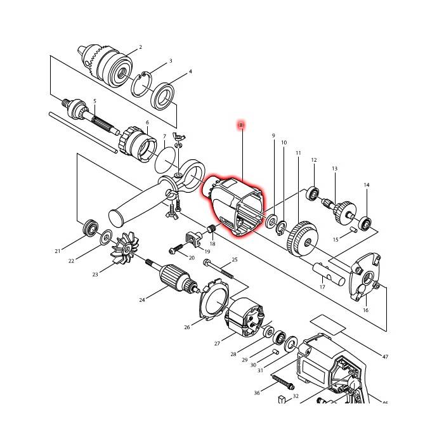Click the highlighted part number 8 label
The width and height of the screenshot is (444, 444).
click(x=241, y=125)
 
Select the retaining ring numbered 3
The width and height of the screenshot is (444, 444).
click(x=141, y=84)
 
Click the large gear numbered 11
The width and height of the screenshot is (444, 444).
click(x=302, y=239)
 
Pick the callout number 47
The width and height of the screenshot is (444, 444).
click(x=385, y=356)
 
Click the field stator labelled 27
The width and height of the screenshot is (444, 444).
click(x=244, y=317)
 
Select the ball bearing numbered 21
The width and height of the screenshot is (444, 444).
click(x=90, y=228)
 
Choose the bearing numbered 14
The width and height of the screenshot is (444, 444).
click(x=366, y=222)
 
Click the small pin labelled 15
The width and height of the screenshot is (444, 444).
click(x=354, y=230)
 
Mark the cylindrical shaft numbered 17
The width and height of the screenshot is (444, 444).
click(x=329, y=275)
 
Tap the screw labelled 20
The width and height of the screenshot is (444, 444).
click(x=176, y=249)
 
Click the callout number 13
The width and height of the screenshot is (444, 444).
click(x=334, y=169)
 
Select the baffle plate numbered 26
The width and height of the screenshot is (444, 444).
click(x=214, y=299)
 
